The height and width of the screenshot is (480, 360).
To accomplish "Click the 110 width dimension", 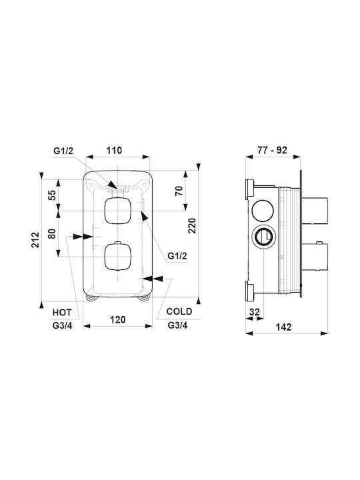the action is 114,150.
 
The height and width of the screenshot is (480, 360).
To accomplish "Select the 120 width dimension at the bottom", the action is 118,319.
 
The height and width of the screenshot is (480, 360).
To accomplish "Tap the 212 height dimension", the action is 35,240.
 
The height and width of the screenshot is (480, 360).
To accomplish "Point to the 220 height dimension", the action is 192,225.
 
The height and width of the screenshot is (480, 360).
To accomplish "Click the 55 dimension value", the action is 53,195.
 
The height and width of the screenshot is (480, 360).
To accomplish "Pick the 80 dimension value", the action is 53,233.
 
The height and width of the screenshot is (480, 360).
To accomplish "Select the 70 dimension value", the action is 179,191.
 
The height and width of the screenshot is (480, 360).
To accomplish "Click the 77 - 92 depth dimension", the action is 272,150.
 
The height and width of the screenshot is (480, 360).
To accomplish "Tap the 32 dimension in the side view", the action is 255,312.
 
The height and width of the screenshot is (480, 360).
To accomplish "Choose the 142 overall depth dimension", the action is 283,327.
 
